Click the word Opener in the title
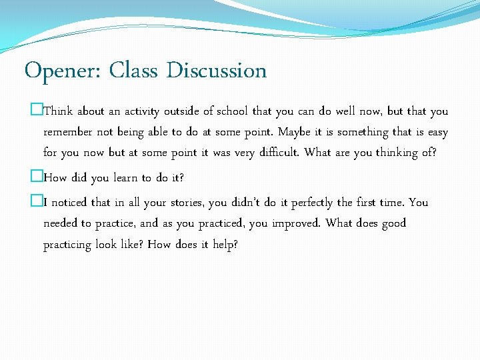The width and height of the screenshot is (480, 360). click(61, 71)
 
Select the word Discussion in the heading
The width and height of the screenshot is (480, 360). click(217, 70)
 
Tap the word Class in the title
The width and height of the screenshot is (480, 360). click(133, 70)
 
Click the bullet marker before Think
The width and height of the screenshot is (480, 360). click(38, 111)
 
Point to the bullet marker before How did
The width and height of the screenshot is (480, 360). click(38, 178)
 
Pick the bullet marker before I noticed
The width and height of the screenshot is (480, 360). click(38, 202)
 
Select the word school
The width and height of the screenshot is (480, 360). click(231, 111)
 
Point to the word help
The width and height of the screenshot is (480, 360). click(224, 245)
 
